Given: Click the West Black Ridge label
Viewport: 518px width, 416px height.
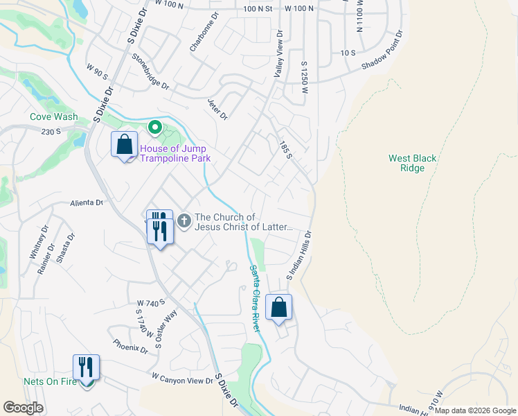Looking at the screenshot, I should pos(413,163).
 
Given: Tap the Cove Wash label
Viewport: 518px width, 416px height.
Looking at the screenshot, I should pos(53,117).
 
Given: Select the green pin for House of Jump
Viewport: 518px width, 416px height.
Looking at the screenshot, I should pos(155,127).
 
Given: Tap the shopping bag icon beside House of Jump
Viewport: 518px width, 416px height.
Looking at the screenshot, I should pos(125,145).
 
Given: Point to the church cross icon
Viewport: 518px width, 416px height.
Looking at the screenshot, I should pos(184,221).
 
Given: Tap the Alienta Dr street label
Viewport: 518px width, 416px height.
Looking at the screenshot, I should pos(86,203).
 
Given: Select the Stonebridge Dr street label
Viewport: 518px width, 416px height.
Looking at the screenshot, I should pos(147,71).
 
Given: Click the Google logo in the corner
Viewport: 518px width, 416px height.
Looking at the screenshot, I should pos(23,407).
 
